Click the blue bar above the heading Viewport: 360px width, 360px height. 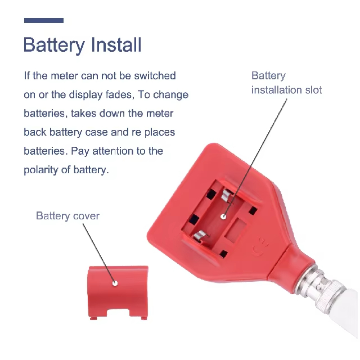[x=44, y=20]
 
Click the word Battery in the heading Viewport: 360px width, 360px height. [x=54, y=45]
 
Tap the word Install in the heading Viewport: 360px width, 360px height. [x=116, y=44]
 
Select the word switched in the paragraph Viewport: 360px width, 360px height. [x=155, y=76]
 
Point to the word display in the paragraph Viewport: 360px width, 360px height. [x=85, y=95]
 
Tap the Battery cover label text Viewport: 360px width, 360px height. [x=67, y=216]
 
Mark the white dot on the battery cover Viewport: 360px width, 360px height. [x=115, y=283]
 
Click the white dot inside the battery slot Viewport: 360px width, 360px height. [x=223, y=216]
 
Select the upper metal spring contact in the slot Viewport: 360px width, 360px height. [x=226, y=196]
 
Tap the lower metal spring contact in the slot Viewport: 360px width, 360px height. [x=200, y=236]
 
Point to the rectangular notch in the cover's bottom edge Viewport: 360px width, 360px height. [x=118, y=313]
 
